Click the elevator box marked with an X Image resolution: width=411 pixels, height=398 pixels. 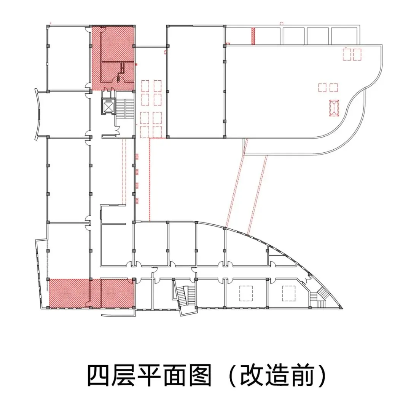click(108, 106)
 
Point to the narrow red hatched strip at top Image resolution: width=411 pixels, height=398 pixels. click(253, 36)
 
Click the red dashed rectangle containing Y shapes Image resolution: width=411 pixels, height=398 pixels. click(334, 108)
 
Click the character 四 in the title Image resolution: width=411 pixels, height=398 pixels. click(99, 376)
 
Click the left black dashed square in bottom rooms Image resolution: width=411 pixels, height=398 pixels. click(246, 293)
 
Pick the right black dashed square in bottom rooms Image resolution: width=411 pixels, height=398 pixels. click(289, 293)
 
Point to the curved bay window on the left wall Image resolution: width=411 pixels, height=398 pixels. click(38, 114)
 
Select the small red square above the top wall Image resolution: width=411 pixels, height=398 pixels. click(282, 23)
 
